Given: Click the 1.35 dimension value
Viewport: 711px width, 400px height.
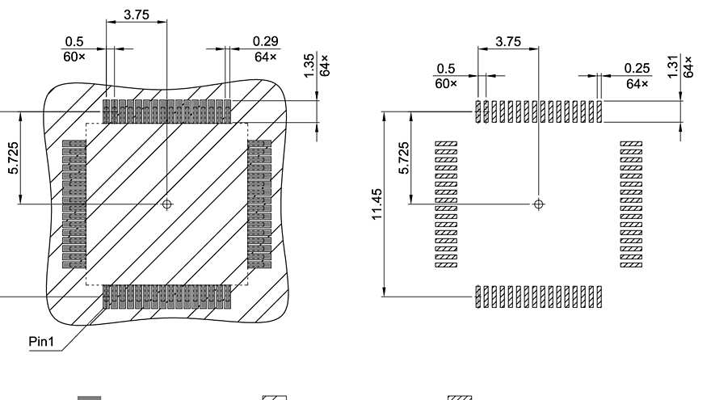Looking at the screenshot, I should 309,66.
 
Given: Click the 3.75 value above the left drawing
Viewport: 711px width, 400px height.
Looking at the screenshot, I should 136,15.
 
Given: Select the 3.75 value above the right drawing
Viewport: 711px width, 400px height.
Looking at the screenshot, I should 508,41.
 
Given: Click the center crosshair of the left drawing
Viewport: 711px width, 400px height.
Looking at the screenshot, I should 166,204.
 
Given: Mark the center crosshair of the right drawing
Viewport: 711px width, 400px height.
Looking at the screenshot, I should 539,204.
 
